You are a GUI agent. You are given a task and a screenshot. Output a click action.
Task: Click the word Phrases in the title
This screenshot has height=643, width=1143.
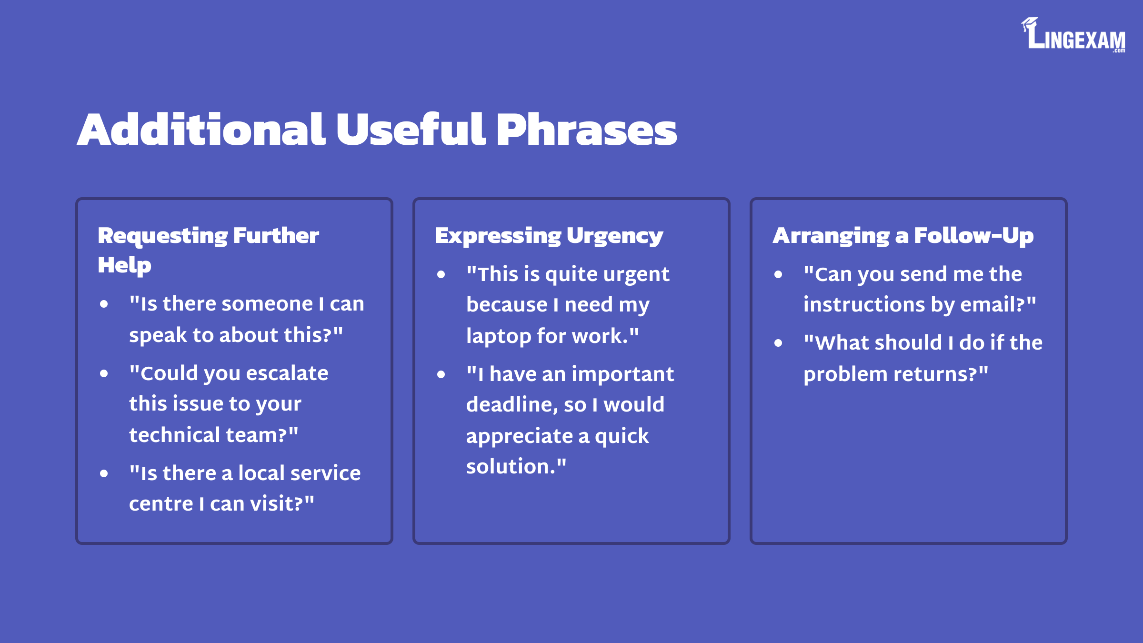point(586,130)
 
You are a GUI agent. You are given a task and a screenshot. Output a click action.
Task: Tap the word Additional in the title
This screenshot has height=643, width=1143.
point(201,130)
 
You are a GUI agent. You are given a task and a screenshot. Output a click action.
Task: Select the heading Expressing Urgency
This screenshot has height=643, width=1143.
point(549,236)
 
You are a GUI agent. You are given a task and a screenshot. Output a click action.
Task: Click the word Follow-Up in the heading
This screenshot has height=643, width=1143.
point(974,236)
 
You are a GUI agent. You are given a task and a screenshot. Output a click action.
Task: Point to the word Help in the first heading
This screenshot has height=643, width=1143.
point(124,265)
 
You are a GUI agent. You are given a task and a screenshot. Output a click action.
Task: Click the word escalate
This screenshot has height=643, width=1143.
point(287,373)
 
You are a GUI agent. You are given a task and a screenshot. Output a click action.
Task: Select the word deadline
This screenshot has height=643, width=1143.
point(512,404)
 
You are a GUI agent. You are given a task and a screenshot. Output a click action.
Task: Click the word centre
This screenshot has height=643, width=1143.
point(161,503)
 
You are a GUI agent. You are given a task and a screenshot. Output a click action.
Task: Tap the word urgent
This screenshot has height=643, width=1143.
point(636,275)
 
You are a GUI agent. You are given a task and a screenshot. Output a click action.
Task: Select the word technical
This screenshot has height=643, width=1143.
point(174,435)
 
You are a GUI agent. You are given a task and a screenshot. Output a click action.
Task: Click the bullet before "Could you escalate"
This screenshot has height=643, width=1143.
point(104,374)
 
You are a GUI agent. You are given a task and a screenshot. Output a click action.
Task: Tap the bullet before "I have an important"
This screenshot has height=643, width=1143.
point(441,375)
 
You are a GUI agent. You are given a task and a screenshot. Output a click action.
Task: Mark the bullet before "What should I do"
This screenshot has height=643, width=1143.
point(779,343)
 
